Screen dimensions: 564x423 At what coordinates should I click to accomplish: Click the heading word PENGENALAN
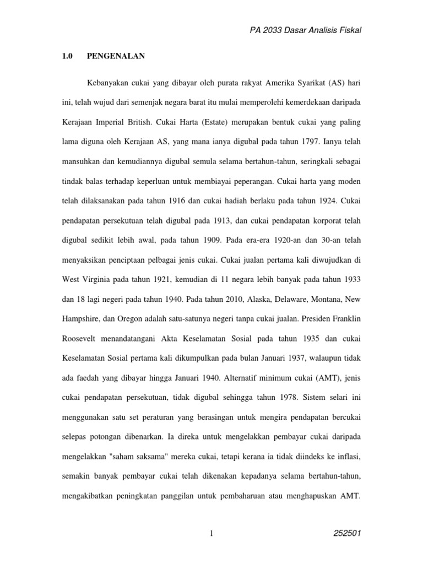tap(113, 56)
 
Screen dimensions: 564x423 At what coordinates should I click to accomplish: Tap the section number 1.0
tap(67, 56)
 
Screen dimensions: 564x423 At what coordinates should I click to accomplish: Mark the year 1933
tap(350, 279)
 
